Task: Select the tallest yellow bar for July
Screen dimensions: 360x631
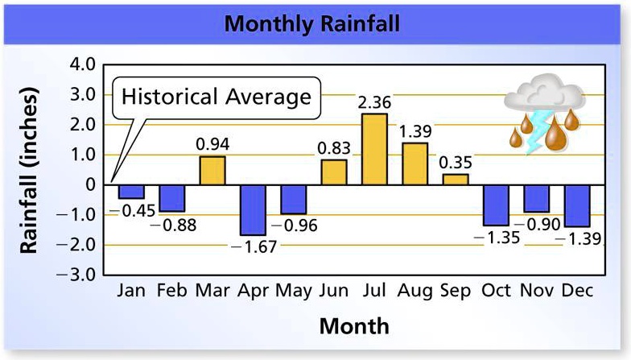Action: click(x=374, y=149)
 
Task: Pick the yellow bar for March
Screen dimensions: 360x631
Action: click(x=212, y=170)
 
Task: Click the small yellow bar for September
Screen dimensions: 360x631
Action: click(x=456, y=179)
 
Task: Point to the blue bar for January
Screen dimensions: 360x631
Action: click(x=130, y=192)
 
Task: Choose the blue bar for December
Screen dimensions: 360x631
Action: click(x=577, y=205)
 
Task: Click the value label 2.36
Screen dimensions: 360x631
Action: click(x=375, y=102)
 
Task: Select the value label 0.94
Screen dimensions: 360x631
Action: click(x=212, y=145)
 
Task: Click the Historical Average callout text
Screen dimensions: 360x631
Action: click(x=216, y=97)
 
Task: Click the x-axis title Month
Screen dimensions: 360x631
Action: click(x=353, y=326)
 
